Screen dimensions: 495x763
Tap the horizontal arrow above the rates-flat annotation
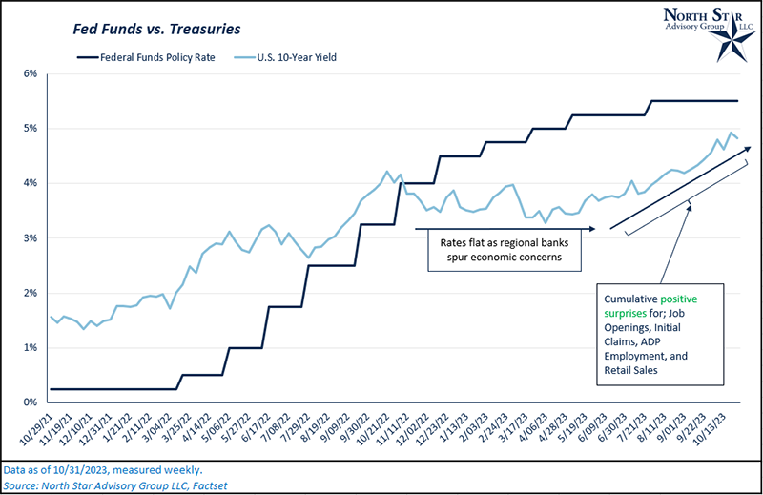pyautogui.click(x=505, y=229)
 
